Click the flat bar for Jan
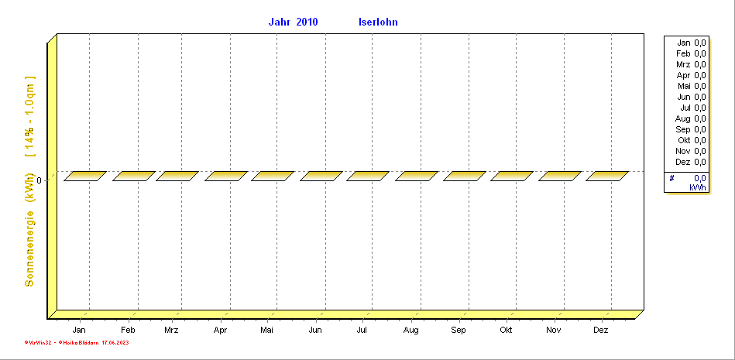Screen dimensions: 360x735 (x=84, y=176)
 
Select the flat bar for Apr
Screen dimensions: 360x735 (x=226, y=176)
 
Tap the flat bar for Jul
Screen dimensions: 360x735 (x=368, y=176)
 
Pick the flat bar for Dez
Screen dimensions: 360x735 (x=607, y=176)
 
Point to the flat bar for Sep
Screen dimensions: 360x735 (x=465, y=176)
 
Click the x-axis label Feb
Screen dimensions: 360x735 (x=128, y=331)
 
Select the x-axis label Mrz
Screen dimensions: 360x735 (x=172, y=331)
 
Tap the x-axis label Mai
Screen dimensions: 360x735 (x=267, y=331)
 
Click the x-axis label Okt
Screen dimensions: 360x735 (x=506, y=331)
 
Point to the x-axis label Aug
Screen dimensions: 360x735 (x=410, y=331)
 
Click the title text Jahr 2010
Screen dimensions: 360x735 (x=293, y=22)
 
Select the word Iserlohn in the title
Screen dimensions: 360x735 (x=378, y=22)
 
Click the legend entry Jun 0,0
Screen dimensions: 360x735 (x=691, y=97)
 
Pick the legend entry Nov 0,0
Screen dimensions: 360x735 (x=691, y=151)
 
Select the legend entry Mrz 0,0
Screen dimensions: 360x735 (x=691, y=64)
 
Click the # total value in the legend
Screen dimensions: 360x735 (x=698, y=178)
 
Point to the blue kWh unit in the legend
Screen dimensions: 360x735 (x=698, y=187)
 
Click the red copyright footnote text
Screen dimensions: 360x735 (x=77, y=341)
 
